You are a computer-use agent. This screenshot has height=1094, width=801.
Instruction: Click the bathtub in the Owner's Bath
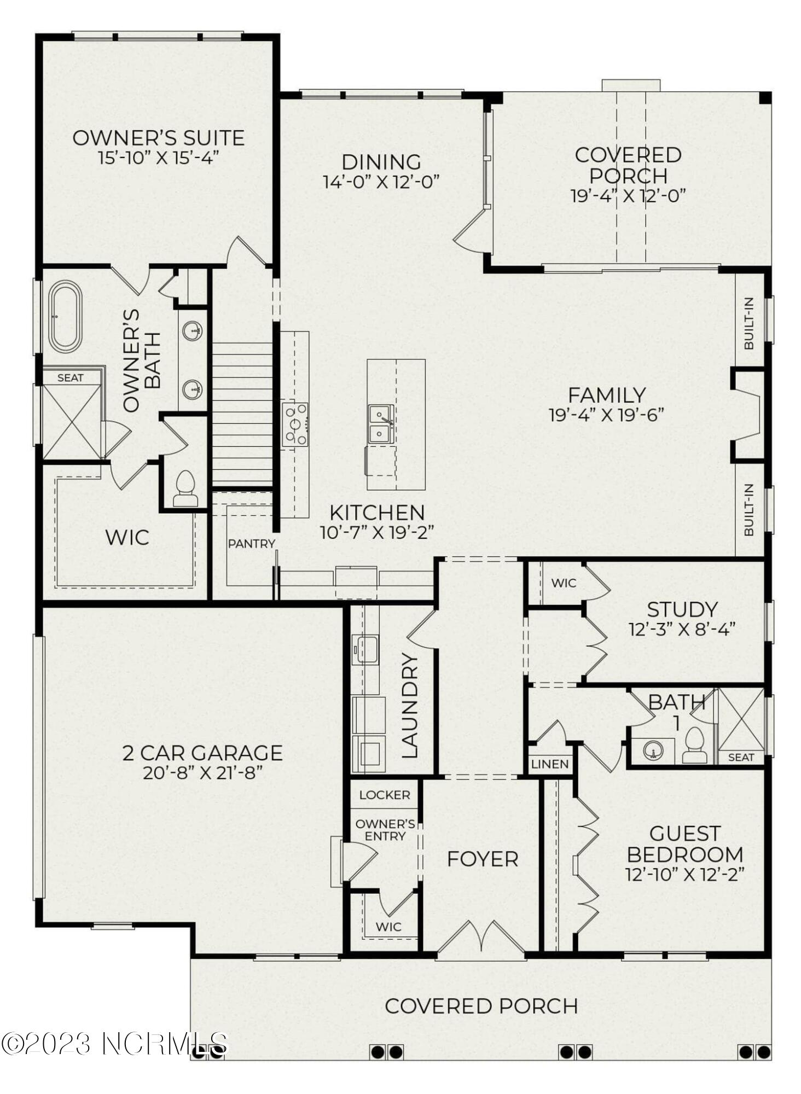point(65,317)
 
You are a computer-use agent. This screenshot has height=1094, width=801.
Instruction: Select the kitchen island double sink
point(381,424)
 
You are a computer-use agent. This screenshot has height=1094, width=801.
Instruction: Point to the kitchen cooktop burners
point(295,424)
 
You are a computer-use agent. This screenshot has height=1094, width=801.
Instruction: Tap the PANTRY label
point(252,543)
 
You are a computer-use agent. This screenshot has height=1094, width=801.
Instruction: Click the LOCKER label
point(385,795)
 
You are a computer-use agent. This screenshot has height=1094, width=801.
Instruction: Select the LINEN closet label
point(550,764)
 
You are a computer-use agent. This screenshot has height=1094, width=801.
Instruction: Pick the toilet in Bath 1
point(695,744)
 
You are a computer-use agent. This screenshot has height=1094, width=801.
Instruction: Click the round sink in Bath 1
point(653,751)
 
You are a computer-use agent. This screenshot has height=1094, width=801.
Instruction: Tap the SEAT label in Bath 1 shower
point(741,758)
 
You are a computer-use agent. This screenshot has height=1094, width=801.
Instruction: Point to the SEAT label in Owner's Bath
point(71,377)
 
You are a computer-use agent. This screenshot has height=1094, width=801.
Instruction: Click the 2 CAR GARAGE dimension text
point(203,773)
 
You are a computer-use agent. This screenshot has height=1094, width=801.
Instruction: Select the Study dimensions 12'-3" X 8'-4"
point(682,629)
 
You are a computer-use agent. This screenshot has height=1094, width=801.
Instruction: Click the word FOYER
point(483,859)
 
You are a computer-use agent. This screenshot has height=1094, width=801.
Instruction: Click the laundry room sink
point(365,650)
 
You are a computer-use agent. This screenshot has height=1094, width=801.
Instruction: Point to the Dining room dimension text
point(381,181)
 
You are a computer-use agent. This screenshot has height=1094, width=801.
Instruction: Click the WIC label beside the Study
point(564,583)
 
